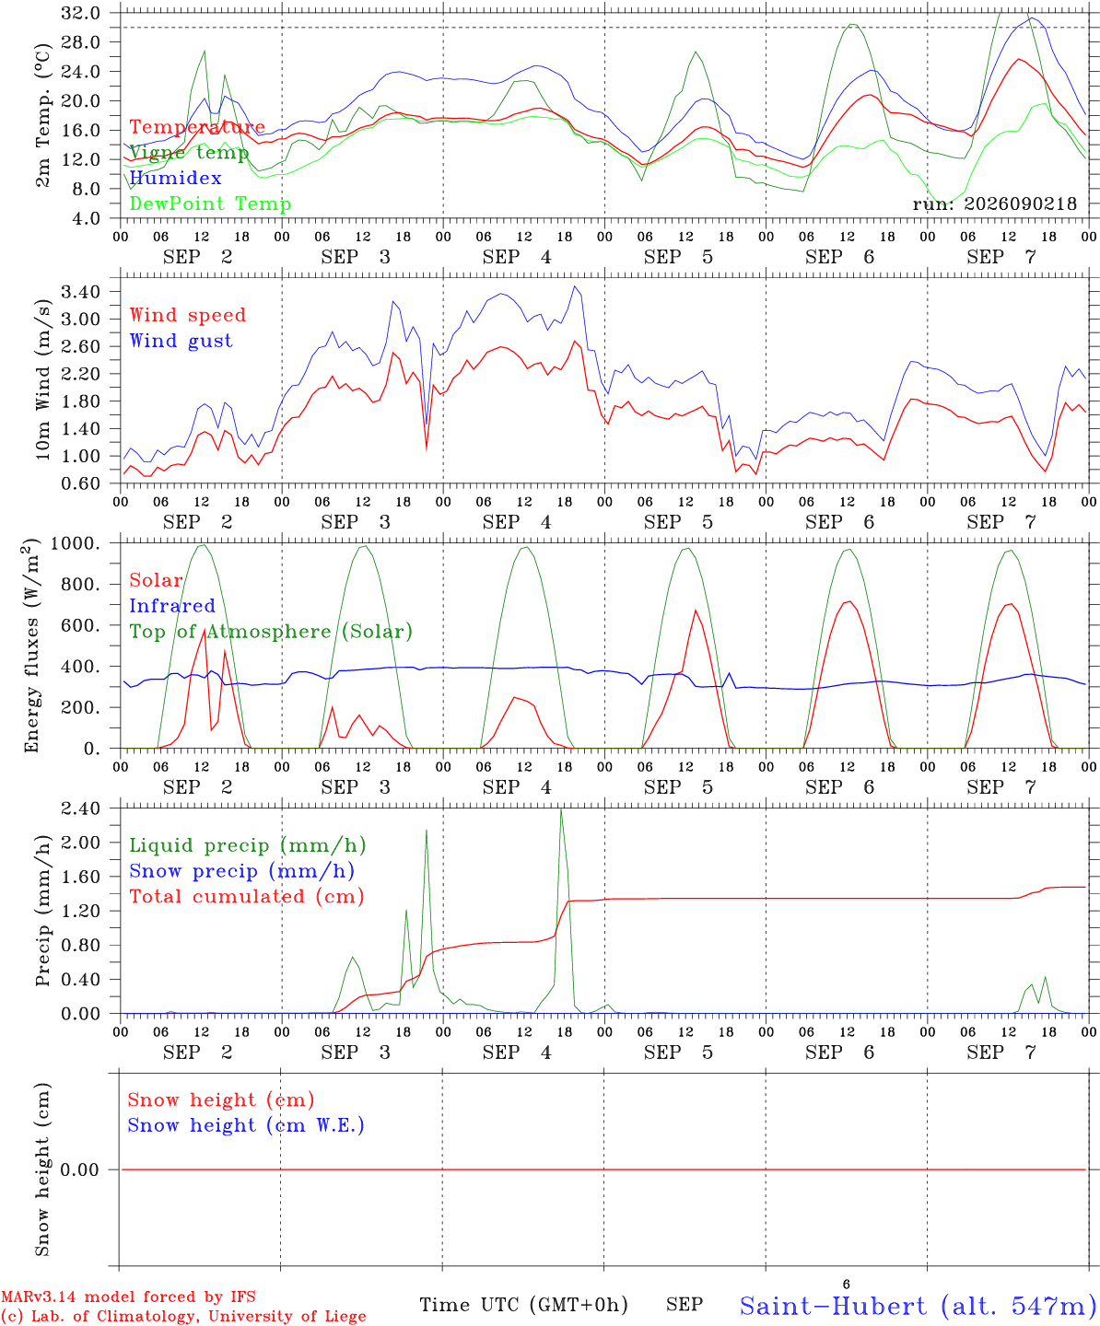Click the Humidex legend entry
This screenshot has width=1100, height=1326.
tap(175, 178)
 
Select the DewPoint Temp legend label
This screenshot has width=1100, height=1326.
tap(210, 204)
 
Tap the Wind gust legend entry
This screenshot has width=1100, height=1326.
tap(181, 341)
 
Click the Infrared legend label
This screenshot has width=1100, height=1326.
tap(172, 606)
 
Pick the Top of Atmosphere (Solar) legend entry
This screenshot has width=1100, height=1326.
tap(272, 632)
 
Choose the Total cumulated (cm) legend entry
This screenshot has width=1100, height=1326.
tap(247, 897)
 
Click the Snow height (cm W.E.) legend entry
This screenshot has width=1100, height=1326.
tap(246, 1125)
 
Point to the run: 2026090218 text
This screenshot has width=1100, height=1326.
tap(994, 204)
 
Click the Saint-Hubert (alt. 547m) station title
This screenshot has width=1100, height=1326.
tap(913, 1307)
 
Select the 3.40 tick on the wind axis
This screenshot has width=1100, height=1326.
tap(81, 292)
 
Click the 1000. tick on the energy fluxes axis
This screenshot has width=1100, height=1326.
tap(76, 543)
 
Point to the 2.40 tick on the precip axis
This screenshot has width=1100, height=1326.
tap(81, 808)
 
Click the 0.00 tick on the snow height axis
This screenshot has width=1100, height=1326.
tap(79, 1169)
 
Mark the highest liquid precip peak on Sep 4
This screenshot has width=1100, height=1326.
tap(560, 809)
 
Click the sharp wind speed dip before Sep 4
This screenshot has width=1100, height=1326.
tap(427, 449)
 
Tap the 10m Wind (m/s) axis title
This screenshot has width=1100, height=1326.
tap(42, 378)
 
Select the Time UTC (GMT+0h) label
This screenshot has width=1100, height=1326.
tap(523, 1305)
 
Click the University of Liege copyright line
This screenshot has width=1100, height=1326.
tap(183, 1316)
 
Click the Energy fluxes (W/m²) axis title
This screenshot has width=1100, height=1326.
tap(31, 646)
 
